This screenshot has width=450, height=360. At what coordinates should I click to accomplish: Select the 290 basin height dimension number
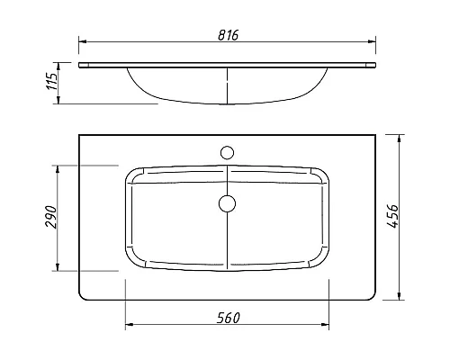click(x=52, y=217)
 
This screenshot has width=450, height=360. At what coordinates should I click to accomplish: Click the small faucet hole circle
click(x=227, y=149)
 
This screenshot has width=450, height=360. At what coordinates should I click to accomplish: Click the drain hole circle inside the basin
click(x=227, y=202)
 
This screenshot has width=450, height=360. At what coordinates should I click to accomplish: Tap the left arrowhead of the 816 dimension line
click(x=82, y=41)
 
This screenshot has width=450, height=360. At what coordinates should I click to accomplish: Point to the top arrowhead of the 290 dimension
click(x=59, y=169)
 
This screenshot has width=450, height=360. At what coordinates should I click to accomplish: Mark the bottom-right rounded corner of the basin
click(x=322, y=263)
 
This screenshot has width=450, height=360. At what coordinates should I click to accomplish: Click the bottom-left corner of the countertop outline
click(x=82, y=298)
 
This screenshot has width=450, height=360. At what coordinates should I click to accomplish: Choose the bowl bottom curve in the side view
click(x=225, y=103)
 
